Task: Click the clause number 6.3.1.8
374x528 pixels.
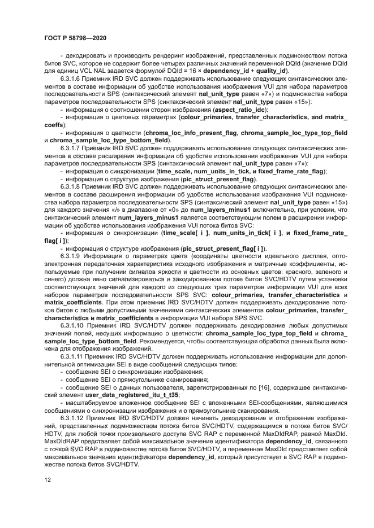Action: coord(72,185)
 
